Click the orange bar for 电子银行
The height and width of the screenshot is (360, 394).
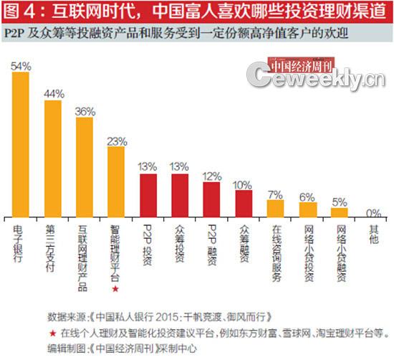pos(21,143)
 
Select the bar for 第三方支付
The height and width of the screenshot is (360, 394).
pos(53,158)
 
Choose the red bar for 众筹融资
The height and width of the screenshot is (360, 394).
pos(244,202)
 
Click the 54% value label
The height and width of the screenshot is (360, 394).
pos(21,65)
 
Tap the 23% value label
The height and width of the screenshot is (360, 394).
pos(116,141)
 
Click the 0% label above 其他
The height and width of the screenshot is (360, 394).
pos(373,212)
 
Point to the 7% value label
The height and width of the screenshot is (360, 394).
pos(276,194)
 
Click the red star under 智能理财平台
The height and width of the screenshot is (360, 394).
pos(116,288)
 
